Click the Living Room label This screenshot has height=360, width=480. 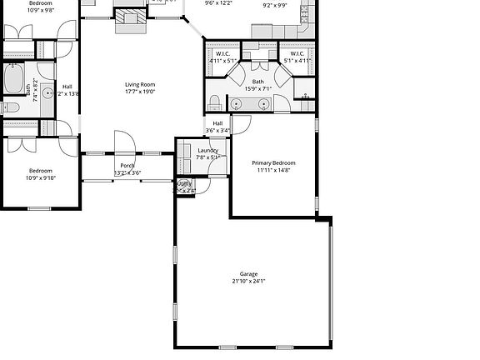coord(140,84)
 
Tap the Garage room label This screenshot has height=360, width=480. coord(248,274)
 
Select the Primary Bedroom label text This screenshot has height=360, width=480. coord(273,162)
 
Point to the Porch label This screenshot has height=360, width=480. coord(127,165)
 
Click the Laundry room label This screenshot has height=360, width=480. coord(207,150)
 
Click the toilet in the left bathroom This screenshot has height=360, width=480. coord(9,107)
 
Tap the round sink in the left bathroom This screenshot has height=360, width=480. coord(47,92)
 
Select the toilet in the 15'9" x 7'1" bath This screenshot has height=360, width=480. coord(215,103)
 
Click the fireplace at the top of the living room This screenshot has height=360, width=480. coord(129,20)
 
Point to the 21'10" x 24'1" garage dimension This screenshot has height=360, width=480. coord(248,282)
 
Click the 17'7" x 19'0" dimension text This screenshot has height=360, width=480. coord(140,92)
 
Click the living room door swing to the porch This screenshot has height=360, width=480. coord(122,142)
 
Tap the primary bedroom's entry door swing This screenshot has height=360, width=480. coord(241,125)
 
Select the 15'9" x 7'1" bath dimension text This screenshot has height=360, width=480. coord(258,88)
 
